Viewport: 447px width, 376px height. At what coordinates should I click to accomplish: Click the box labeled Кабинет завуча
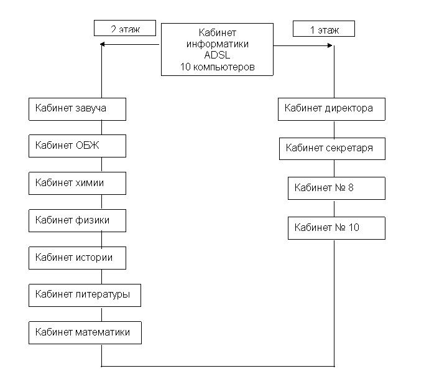click(x=77, y=109)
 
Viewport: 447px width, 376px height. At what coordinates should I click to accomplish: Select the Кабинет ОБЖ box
click(x=77, y=146)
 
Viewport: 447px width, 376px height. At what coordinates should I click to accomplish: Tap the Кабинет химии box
click(x=77, y=183)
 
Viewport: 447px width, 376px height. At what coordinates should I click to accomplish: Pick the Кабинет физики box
click(x=77, y=221)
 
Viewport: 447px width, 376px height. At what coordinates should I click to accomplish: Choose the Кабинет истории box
click(x=77, y=258)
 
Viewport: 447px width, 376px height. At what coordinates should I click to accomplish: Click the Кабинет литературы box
click(x=85, y=295)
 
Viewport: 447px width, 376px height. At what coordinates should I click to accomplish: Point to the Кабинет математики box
click(x=85, y=332)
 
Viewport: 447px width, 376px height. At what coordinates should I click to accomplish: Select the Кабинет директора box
click(x=331, y=109)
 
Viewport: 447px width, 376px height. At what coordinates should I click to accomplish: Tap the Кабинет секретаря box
click(x=332, y=149)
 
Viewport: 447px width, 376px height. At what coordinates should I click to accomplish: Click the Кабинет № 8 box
click(x=336, y=188)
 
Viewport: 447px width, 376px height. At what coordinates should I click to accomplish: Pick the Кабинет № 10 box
click(x=336, y=228)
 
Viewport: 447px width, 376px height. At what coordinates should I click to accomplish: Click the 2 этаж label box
click(x=125, y=28)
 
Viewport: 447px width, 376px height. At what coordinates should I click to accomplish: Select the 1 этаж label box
click(x=324, y=29)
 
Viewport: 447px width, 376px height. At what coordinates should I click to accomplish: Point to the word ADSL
click(x=217, y=55)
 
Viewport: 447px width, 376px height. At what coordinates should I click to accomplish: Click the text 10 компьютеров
click(x=217, y=67)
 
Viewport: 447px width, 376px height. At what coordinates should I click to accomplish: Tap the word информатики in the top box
click(x=217, y=44)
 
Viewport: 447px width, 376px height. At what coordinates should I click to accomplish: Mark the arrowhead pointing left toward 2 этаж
click(x=103, y=44)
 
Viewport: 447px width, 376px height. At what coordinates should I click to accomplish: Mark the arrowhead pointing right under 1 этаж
click(x=330, y=45)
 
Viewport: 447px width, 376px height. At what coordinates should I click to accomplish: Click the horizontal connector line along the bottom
click(x=218, y=366)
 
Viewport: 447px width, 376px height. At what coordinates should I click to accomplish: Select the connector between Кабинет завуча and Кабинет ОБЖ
click(x=102, y=128)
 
